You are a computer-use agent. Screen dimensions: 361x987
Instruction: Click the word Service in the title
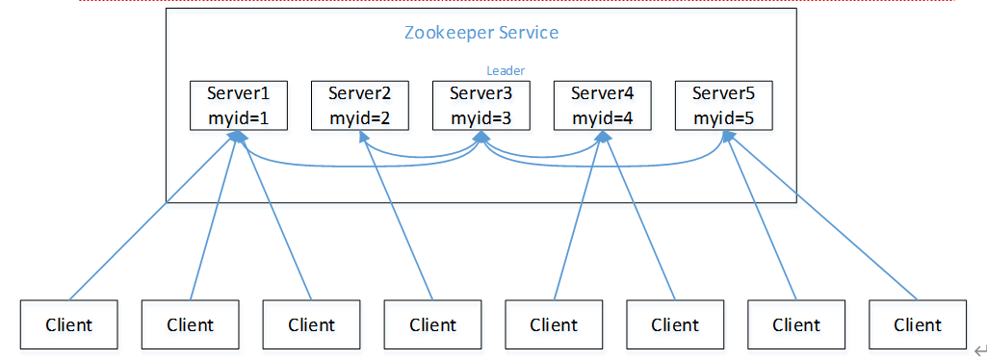(528, 33)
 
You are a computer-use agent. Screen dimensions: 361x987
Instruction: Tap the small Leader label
(506, 70)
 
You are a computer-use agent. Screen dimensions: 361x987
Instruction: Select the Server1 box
(238, 105)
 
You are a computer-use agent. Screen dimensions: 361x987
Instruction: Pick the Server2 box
(359, 105)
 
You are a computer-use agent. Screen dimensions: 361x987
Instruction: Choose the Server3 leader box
(481, 105)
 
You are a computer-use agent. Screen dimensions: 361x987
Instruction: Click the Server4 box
(602, 105)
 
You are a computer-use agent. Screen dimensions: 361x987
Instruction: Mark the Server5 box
(723, 105)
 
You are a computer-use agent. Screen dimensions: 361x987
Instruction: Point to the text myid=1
(238, 117)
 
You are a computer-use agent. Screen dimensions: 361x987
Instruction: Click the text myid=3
(481, 117)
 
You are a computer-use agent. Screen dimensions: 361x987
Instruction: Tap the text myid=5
(723, 117)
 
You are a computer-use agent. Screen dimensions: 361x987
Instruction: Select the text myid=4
(602, 117)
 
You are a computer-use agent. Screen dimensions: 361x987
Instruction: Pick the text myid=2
(359, 117)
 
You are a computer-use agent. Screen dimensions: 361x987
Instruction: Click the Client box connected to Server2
(432, 324)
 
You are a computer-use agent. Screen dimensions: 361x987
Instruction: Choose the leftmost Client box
(68, 324)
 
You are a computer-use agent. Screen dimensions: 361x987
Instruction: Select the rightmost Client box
(917, 324)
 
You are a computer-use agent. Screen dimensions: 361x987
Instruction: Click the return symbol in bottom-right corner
(978, 350)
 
